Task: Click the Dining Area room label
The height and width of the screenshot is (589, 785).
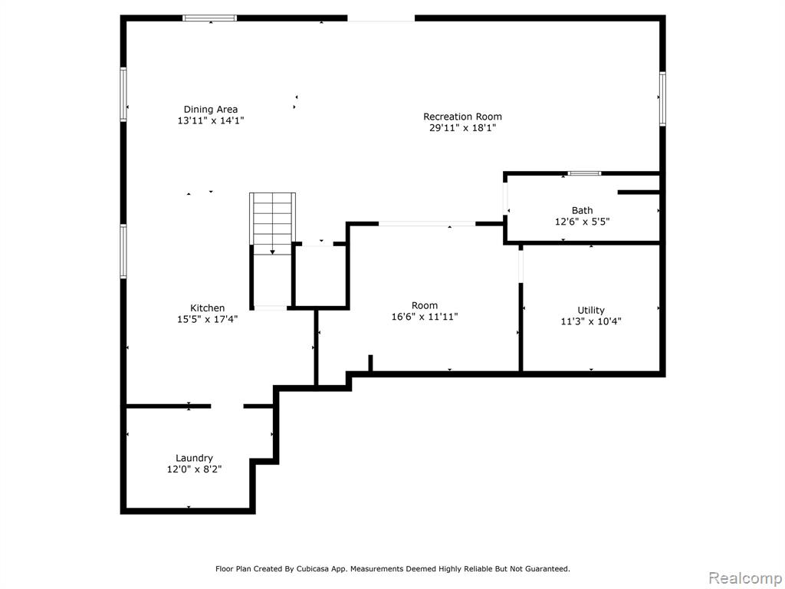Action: (211, 109)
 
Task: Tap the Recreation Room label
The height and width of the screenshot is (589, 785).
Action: (462, 117)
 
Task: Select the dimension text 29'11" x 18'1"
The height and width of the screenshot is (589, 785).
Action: (462, 128)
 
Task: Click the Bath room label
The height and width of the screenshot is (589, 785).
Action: (583, 210)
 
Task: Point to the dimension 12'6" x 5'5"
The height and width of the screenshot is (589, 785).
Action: (583, 222)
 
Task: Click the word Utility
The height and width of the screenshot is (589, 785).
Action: (591, 310)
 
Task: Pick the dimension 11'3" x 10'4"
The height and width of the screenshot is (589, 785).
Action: (591, 321)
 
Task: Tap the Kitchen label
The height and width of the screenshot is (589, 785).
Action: (207, 308)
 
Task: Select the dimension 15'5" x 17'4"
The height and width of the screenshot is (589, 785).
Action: (207, 319)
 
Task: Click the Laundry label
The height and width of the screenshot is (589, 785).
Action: (194, 459)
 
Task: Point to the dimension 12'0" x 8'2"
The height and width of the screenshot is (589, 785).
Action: (194, 469)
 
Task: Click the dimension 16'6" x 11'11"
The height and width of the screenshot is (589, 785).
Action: (425, 317)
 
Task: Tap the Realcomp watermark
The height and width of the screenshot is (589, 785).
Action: (745, 578)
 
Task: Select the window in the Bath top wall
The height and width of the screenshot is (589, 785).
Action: (584, 174)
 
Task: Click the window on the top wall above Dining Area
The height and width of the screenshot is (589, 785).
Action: (210, 18)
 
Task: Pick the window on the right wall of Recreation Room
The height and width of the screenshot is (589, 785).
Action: (662, 99)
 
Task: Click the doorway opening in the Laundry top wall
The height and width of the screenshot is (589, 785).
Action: (227, 406)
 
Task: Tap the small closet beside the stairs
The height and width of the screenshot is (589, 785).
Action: (320, 275)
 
